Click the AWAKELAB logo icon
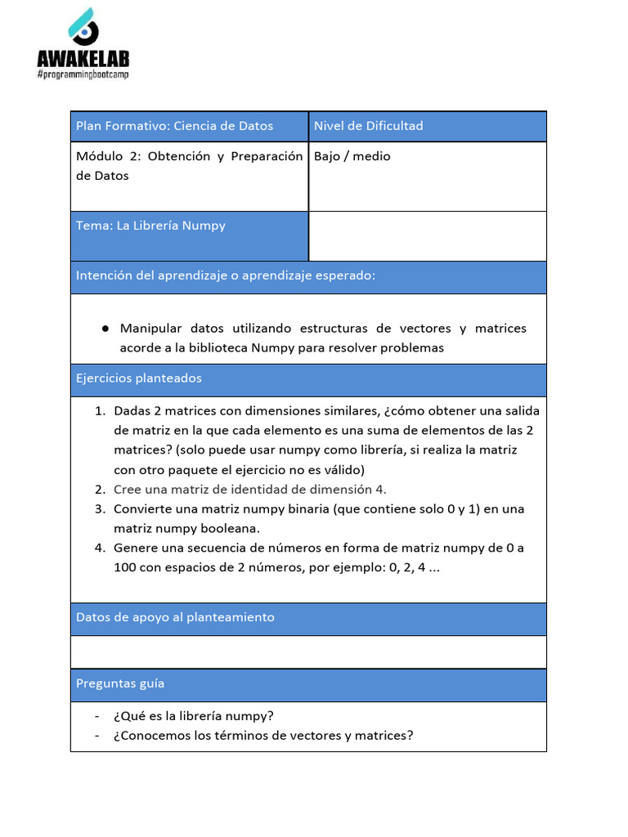coord(83,26)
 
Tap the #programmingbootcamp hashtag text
coord(83,74)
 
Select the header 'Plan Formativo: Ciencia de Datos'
coord(174,126)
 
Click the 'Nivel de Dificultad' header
coord(368,126)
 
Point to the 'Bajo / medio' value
coord(352,156)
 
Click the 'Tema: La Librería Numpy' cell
coord(150,226)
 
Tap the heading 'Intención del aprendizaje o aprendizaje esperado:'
coord(226,275)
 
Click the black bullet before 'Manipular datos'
coord(105,329)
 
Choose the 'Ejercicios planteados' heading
coord(138,378)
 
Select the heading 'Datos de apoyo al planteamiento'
coord(175,617)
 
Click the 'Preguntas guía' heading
coord(120,683)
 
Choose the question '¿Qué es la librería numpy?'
coord(194,716)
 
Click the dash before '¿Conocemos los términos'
coord(98,736)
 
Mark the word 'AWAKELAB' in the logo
coord(83,59)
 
